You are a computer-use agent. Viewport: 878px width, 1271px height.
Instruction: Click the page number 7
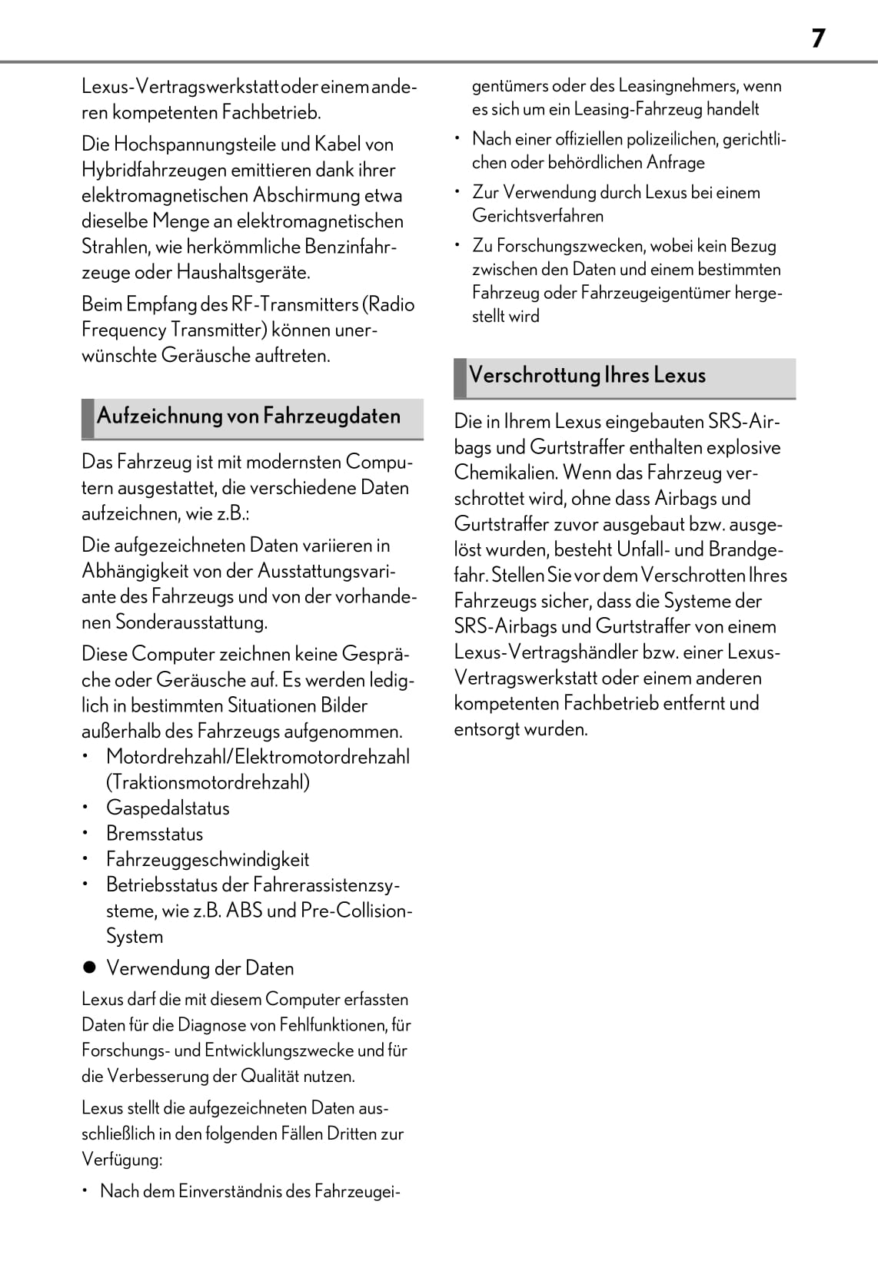(x=818, y=38)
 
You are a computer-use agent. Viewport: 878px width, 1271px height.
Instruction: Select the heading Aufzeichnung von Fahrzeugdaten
(x=248, y=416)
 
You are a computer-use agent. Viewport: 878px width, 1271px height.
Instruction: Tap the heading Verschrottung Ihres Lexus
(x=587, y=376)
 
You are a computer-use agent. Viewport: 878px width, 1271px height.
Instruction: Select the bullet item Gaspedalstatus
(x=168, y=808)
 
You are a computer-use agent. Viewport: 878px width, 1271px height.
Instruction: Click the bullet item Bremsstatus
(x=155, y=834)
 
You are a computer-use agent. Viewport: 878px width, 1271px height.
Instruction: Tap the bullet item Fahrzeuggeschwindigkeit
(x=208, y=859)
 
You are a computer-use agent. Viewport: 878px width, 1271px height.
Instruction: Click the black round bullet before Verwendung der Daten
(x=89, y=968)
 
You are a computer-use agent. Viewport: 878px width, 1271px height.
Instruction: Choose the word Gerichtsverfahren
(x=537, y=216)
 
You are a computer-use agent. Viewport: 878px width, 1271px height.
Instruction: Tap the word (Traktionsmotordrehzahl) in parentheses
(x=208, y=782)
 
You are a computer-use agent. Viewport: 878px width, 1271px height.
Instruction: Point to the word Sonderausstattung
(x=191, y=622)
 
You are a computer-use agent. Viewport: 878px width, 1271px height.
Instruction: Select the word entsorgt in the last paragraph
(x=485, y=729)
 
